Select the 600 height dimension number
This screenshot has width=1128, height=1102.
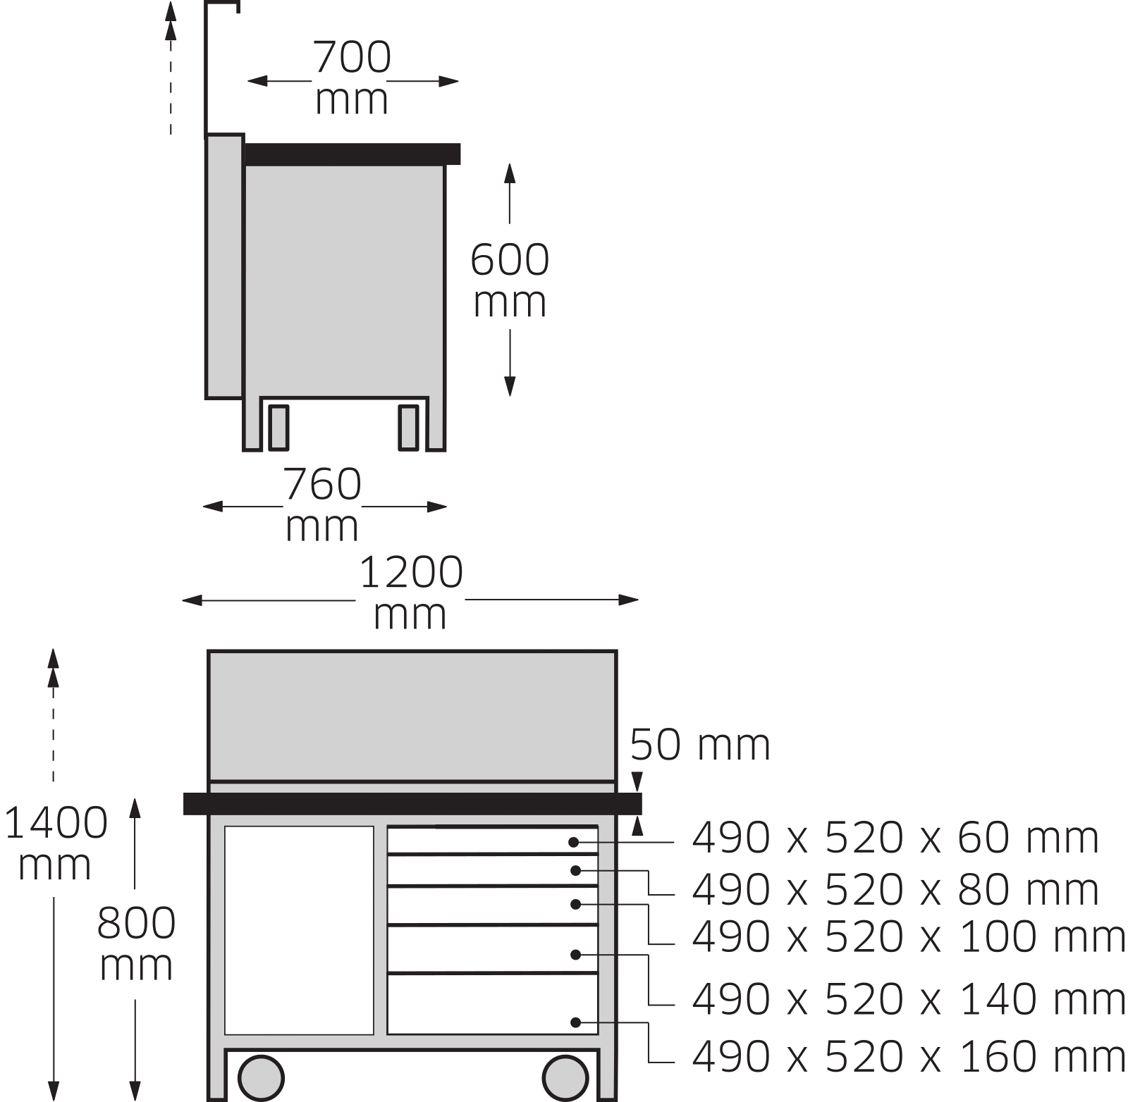[510, 259]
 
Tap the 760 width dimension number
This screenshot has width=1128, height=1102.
[322, 484]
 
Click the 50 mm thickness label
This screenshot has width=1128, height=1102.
[700, 745]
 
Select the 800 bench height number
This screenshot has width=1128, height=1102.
[136, 923]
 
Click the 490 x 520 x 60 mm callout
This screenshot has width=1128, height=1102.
[895, 838]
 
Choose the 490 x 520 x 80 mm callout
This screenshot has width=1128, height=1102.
[895, 890]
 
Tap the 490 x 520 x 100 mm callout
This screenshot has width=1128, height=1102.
[909, 936]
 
